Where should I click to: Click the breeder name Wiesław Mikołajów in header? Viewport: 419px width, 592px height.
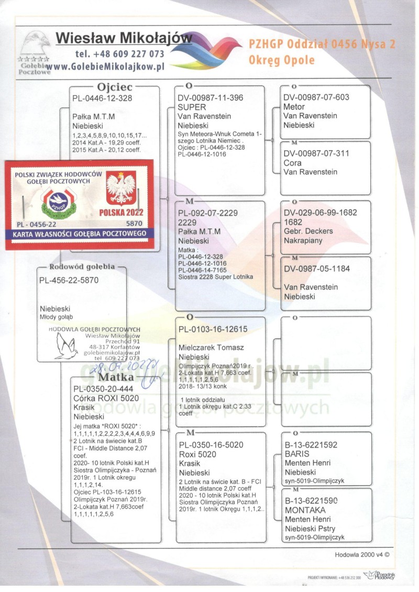pos(124,38)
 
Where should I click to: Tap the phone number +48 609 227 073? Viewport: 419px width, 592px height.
pos(119,54)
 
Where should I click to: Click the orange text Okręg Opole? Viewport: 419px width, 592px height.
pos(282,60)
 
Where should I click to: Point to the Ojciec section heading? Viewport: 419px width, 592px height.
pos(115,86)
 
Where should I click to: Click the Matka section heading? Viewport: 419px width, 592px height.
pos(117,378)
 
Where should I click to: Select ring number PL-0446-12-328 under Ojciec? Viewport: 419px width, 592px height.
pos(102,97)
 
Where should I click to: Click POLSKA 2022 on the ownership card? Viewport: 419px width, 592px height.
pos(121,213)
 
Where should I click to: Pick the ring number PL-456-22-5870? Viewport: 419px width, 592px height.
pos(69,280)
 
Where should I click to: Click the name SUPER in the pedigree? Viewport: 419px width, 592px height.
pos(192,107)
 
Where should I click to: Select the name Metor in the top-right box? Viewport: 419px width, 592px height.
pos(294,106)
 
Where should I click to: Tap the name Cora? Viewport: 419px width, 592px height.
pos(292,163)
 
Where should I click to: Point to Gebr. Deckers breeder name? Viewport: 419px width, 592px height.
pos(308,231)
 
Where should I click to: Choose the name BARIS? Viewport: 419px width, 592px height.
pos(296,454)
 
